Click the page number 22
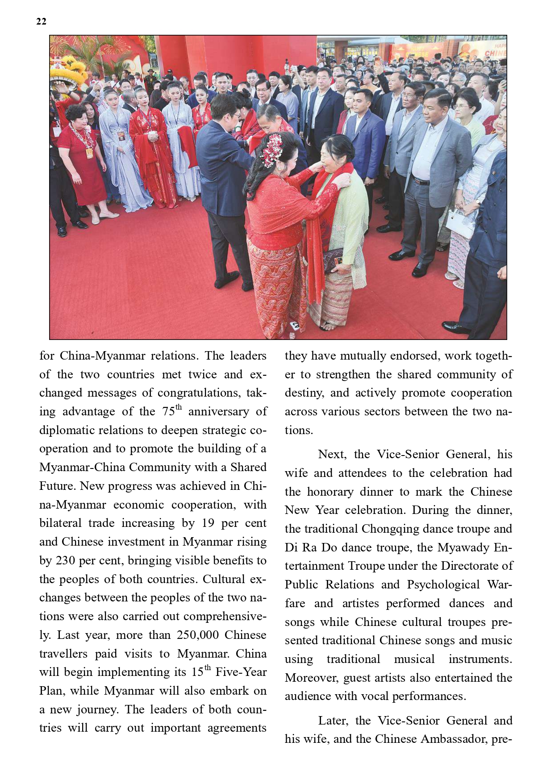coord(41,21)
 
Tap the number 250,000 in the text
coord(199,635)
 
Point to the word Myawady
coord(462,547)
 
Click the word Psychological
coord(443,585)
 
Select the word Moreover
coord(312,678)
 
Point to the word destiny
coord(303,393)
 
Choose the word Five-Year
coord(241,672)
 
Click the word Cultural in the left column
coord(223,579)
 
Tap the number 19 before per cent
coord(208,523)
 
